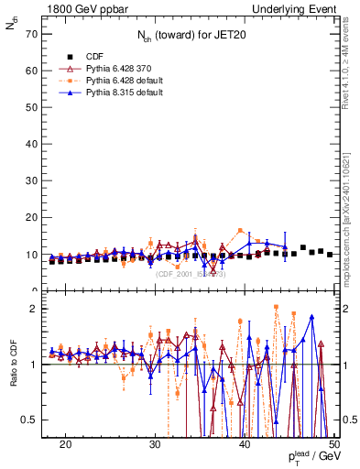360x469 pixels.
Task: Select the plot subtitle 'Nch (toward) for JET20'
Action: pyautogui.click(x=189, y=38)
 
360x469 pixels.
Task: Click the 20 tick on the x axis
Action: pyautogui.click(x=66, y=444)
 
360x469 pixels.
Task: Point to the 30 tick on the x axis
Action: pyautogui.click(x=156, y=444)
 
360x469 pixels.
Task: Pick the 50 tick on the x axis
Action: pyautogui.click(x=335, y=444)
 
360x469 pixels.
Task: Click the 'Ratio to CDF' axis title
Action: pyautogui.click(x=12, y=379)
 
